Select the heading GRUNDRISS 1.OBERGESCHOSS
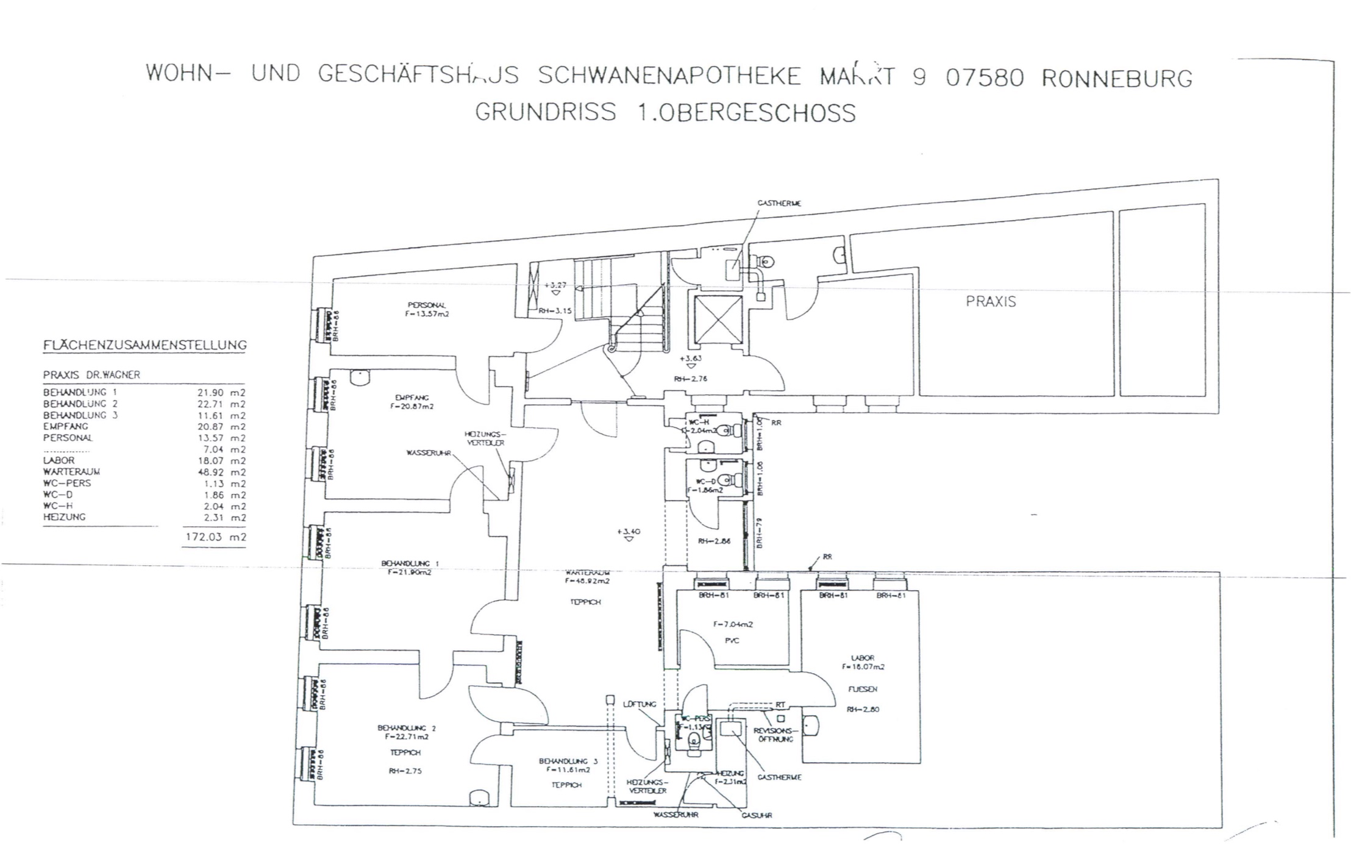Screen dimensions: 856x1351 click(665, 113)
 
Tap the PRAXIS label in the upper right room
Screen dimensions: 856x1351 click(991, 301)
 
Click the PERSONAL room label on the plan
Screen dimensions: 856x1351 click(427, 305)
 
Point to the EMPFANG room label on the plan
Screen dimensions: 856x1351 click(413, 398)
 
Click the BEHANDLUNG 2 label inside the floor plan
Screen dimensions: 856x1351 click(407, 728)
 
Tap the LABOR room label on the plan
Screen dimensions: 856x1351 click(862, 658)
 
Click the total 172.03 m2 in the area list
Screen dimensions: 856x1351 click(214, 538)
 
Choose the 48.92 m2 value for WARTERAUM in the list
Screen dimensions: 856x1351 click(221, 472)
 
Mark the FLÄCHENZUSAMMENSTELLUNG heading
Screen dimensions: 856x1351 click(144, 346)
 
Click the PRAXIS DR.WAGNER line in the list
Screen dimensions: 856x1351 click(91, 375)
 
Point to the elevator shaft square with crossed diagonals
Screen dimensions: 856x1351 click(715, 319)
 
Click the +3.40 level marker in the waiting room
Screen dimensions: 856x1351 click(629, 532)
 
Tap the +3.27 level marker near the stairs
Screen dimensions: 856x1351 click(555, 285)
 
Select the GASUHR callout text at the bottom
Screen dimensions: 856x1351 click(757, 815)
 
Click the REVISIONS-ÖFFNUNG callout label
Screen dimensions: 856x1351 click(774, 735)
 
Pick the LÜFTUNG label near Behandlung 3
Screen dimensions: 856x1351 click(640, 704)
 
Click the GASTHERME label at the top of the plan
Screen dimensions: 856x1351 click(779, 203)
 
